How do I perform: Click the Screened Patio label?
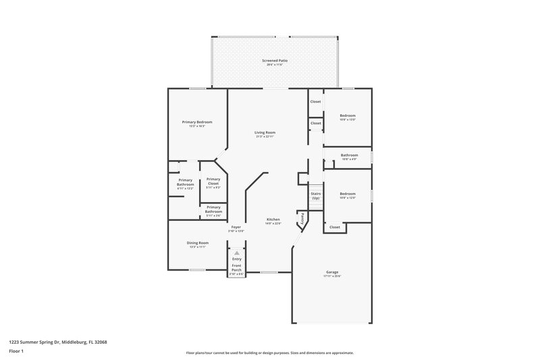pyautogui.click(x=275, y=61)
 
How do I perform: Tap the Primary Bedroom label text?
pyautogui.click(x=197, y=122)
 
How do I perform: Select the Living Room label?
pyautogui.click(x=265, y=132)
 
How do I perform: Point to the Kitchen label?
pyautogui.click(x=273, y=220)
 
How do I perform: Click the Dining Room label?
pyautogui.click(x=197, y=242)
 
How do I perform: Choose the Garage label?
pyautogui.click(x=331, y=272)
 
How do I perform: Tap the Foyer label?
pyautogui.click(x=236, y=227)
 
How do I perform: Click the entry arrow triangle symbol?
pyautogui.click(x=237, y=252)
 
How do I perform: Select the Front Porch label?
pyautogui.click(x=236, y=267)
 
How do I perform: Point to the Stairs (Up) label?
pyautogui.click(x=315, y=196)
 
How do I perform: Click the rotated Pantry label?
pyautogui.click(x=303, y=219)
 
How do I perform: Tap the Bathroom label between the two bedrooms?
pyautogui.click(x=349, y=155)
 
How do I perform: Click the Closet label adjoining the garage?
pyautogui.click(x=335, y=228)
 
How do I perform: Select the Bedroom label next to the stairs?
pyautogui.click(x=348, y=194)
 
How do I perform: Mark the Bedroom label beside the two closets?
pyautogui.click(x=348, y=115)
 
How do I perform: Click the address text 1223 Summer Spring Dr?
pyautogui.click(x=58, y=342)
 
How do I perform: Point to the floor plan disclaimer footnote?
pyautogui.click(x=269, y=353)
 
